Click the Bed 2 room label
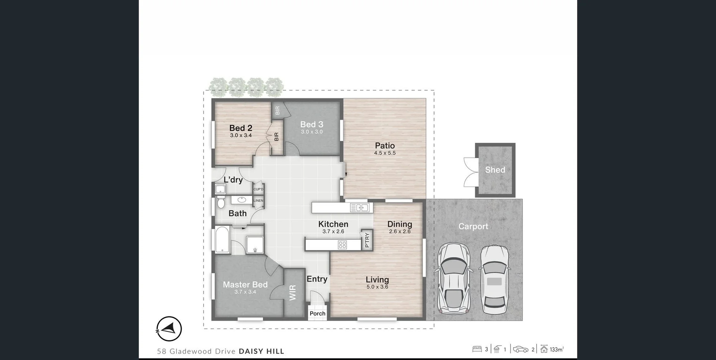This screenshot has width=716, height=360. coord(241,128)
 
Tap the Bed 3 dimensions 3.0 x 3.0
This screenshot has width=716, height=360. coord(312,132)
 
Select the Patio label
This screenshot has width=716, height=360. coord(385,146)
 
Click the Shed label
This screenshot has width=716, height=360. coord(495,170)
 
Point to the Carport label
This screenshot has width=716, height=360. coord(473,227)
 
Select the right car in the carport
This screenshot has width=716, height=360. coord(494,279)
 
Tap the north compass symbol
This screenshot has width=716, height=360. coord(169,329)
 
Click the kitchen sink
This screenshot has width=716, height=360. coord(359,208)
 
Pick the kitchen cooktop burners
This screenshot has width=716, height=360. coord(342,245)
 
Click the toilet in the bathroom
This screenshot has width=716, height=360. coord(221,203)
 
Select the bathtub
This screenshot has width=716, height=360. coord(222,240)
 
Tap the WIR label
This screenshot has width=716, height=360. coord(293,293)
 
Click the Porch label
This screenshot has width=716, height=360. coord(317,314)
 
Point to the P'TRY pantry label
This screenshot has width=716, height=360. coord(367,240)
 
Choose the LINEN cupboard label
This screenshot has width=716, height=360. coord(258,201)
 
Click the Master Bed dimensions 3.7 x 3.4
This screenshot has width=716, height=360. coord(245,292)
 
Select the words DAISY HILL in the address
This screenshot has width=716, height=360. coord(261,351)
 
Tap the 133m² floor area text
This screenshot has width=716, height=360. coord(556,350)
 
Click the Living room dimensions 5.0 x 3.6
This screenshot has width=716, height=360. coord(377,287)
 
